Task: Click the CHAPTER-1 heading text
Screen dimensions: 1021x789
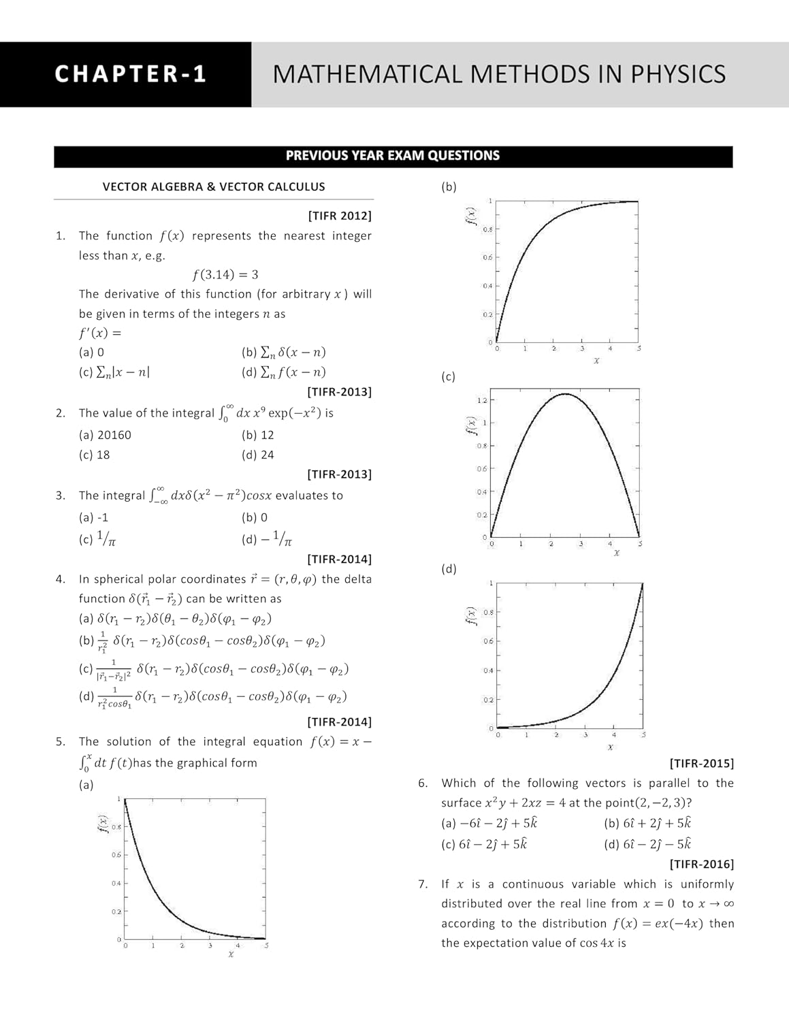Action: click(x=131, y=74)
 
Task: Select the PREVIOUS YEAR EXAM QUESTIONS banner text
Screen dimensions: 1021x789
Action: click(x=393, y=156)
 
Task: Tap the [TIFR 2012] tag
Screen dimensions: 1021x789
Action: click(x=340, y=216)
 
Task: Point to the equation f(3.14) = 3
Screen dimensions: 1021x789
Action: click(x=225, y=275)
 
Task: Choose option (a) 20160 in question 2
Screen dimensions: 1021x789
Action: click(x=106, y=435)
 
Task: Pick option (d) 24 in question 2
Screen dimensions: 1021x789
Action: click(x=258, y=455)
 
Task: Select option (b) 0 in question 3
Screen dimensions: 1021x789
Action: click(x=255, y=517)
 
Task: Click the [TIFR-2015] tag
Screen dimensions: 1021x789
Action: click(x=702, y=764)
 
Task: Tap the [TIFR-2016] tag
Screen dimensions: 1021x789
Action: click(x=702, y=864)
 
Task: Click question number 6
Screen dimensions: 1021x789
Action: click(x=423, y=783)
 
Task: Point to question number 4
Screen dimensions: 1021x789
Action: click(x=61, y=579)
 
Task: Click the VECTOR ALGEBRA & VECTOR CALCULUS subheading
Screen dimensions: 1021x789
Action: click(x=214, y=187)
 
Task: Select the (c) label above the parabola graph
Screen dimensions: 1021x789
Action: click(x=449, y=377)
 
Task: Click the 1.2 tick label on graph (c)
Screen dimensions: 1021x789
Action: click(x=482, y=400)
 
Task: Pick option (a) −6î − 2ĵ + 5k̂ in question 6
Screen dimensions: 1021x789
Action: click(x=489, y=824)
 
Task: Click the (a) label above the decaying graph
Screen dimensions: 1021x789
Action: click(x=86, y=785)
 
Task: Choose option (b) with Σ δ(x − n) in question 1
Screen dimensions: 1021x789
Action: click(x=284, y=353)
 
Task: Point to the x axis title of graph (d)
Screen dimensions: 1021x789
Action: click(x=610, y=747)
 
